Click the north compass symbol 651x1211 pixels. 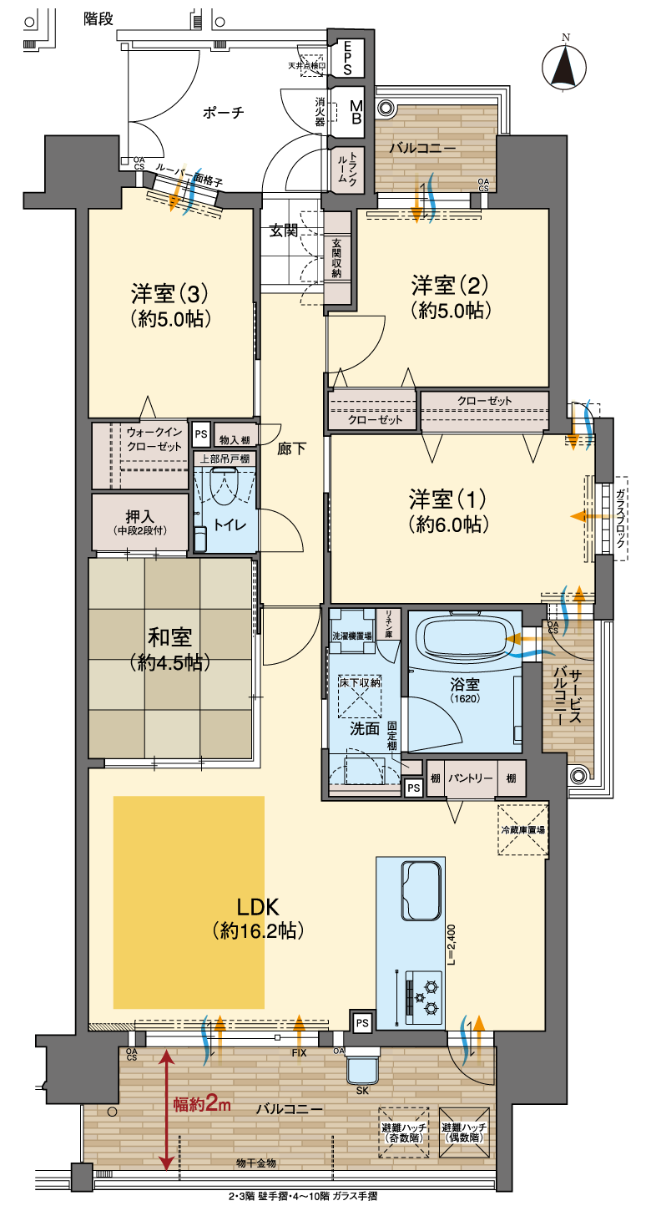pyautogui.click(x=563, y=67)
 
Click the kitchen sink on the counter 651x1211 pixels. pyautogui.click(x=421, y=890)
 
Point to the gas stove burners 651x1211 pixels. pyautogui.click(x=424, y=994)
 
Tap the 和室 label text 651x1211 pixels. pyautogui.click(x=169, y=637)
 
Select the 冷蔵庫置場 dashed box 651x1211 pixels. pyautogui.click(x=522, y=830)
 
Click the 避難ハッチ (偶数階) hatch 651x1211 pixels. pyautogui.click(x=464, y=1132)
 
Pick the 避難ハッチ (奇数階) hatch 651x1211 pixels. pyautogui.click(x=404, y=1132)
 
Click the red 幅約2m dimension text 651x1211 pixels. pyautogui.click(x=202, y=1104)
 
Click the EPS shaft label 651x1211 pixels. pyautogui.click(x=347, y=58)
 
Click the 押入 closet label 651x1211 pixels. pyautogui.click(x=139, y=516)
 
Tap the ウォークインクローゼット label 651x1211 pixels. pyautogui.click(x=154, y=439)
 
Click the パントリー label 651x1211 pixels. pyautogui.click(x=470, y=778)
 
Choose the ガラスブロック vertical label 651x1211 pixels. pyautogui.click(x=621, y=518)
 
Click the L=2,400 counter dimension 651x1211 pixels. pyautogui.click(x=452, y=945)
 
